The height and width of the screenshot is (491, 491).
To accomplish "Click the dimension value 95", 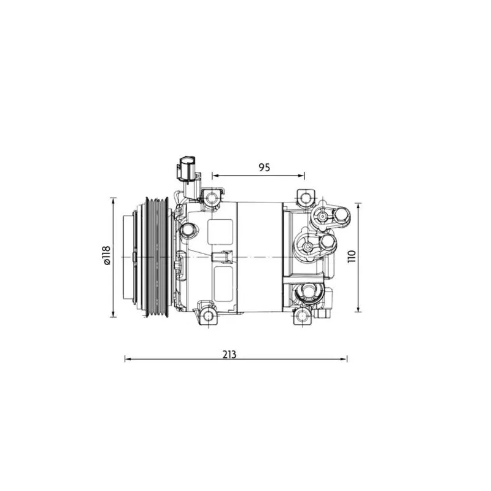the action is click(264, 168).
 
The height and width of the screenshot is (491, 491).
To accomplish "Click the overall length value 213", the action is click(229, 355).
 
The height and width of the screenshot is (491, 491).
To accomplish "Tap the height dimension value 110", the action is click(352, 257).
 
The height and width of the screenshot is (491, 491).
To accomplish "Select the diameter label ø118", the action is click(106, 255).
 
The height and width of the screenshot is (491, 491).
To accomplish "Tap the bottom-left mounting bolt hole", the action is click(208, 315).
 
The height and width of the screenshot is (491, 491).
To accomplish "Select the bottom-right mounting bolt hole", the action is click(302, 315).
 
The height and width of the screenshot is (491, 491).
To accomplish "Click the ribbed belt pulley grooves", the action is click(157, 257).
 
